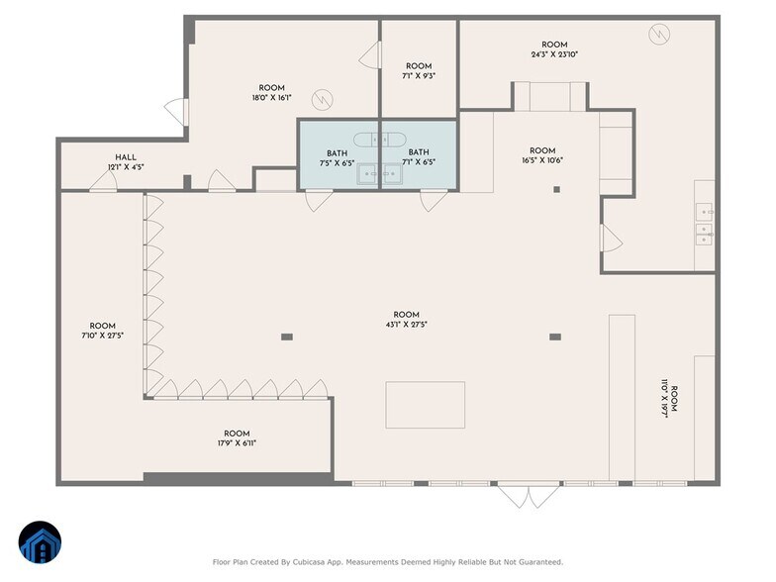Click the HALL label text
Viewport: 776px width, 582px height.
coord(126,157)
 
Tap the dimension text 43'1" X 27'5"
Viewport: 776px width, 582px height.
coord(406,325)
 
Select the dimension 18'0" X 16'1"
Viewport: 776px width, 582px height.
coord(271,98)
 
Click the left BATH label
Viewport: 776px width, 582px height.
coord(337,153)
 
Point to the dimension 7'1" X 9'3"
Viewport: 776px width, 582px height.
coord(419,76)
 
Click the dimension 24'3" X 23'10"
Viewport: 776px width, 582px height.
coord(554,54)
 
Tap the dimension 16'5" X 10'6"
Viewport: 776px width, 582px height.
coord(542,160)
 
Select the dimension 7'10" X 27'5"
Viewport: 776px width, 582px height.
coord(103,336)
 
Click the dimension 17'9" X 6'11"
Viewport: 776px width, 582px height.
coord(237,443)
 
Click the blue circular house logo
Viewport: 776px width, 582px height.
coord(40,542)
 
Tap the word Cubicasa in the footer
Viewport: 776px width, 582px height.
coord(309,562)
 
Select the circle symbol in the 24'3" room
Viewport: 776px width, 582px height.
coord(659,34)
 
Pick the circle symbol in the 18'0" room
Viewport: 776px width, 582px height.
coord(323,100)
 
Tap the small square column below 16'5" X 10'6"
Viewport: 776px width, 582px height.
coord(556,189)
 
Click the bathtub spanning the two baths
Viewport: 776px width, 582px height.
coord(380,141)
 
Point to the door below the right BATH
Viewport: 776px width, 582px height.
coord(434,201)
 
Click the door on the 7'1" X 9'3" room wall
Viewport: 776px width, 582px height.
coord(370,55)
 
